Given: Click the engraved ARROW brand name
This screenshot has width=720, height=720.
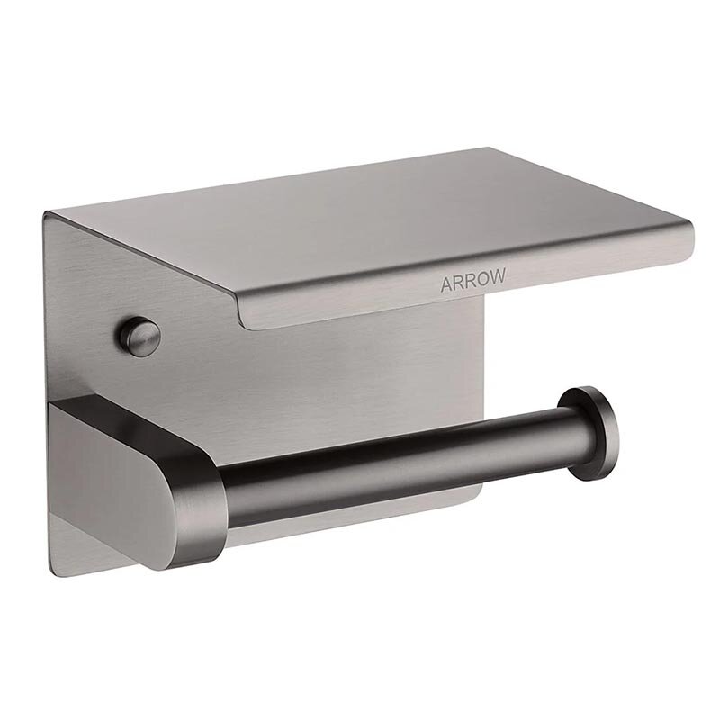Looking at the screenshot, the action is pyautogui.click(x=473, y=280).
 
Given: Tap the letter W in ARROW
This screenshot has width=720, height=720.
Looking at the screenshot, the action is pyautogui.click(x=499, y=276).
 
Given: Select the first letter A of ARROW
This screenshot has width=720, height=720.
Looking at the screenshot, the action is pyautogui.click(x=446, y=284).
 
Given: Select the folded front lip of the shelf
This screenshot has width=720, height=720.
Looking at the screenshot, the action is pyautogui.click(x=463, y=284).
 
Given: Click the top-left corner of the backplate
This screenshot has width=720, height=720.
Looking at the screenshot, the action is pyautogui.click(x=44, y=212).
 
